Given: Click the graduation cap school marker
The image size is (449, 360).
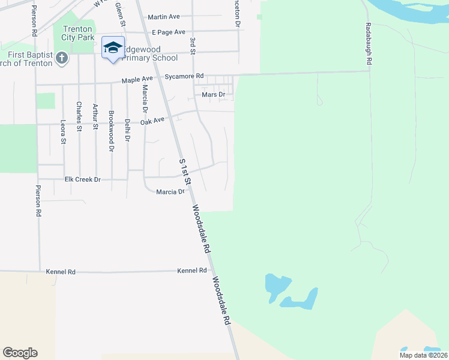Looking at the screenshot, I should click(x=112, y=48).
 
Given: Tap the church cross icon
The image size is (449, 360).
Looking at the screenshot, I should click(x=61, y=58).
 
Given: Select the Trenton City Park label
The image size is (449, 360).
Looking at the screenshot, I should click(x=76, y=33).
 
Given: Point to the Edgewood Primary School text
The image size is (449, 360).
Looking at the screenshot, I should click(x=150, y=54).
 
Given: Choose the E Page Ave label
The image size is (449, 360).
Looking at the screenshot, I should click(x=169, y=32).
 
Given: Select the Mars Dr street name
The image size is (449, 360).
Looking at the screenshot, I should click(x=213, y=95).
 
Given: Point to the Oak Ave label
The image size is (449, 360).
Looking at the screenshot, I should click(x=152, y=121).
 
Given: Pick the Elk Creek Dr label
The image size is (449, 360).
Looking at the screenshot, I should click(x=82, y=179).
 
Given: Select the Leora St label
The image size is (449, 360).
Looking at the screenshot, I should click(x=64, y=132).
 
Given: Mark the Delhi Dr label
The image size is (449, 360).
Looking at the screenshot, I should click(x=127, y=130).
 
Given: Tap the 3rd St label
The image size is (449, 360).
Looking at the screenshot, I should click(x=193, y=46).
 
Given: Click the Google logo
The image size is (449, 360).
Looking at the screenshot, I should click(x=20, y=353).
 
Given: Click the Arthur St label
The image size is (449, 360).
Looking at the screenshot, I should click(x=95, y=116).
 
